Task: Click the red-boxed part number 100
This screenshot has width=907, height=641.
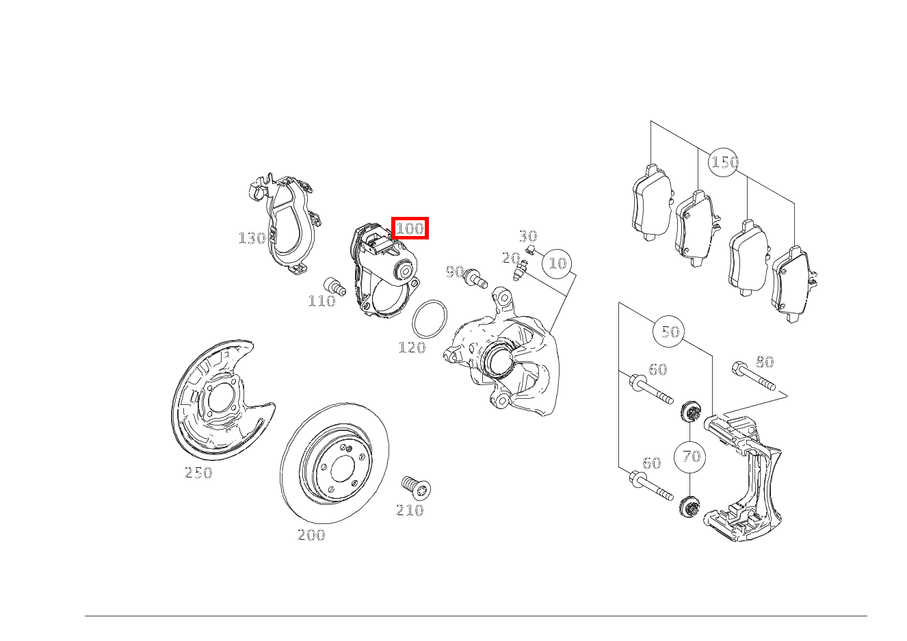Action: (410, 228)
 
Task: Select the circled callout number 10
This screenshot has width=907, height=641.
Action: (558, 263)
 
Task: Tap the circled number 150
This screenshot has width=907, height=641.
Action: (724, 162)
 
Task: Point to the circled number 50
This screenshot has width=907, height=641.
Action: (670, 332)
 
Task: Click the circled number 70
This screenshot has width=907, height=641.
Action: (691, 456)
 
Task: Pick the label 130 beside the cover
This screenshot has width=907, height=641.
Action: (252, 238)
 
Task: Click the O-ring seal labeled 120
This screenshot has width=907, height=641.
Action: (430, 318)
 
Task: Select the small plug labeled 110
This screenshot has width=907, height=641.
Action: (334, 285)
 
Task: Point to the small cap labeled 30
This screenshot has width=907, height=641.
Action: (531, 248)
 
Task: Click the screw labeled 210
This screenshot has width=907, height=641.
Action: (415, 487)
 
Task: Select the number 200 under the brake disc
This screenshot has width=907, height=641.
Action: (311, 535)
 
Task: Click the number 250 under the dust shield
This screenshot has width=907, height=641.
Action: (198, 473)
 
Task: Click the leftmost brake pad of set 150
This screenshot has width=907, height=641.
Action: (650, 202)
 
